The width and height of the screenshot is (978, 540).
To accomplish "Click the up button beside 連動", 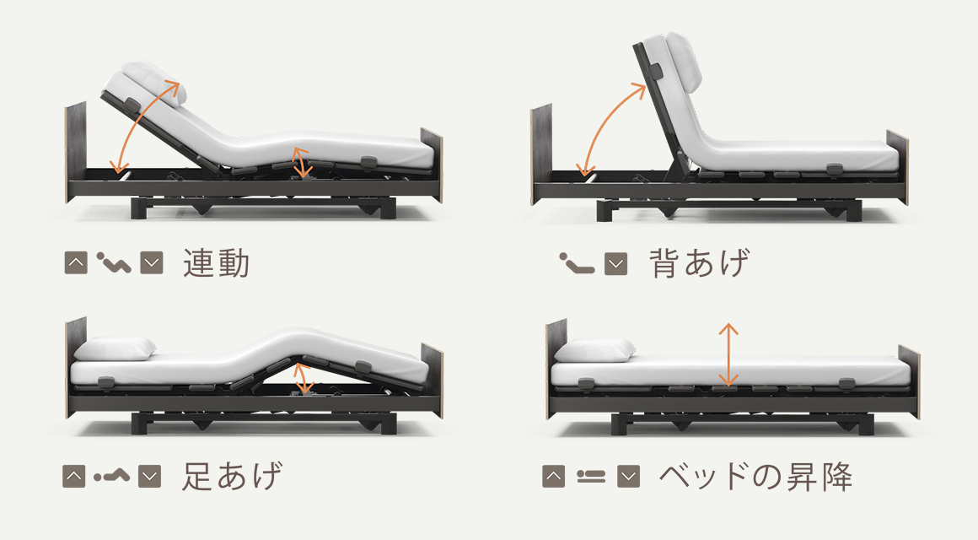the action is pyautogui.click(x=76, y=262).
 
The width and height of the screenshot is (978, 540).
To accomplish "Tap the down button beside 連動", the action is pyautogui.click(x=152, y=262).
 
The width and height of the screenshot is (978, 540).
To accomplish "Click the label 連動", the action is pyautogui.click(x=217, y=262).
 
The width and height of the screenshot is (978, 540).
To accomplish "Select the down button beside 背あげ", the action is pyautogui.click(x=616, y=263).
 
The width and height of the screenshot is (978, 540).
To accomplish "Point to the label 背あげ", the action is pyautogui.click(x=700, y=262).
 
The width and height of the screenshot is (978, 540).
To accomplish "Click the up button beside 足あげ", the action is pyautogui.click(x=74, y=477).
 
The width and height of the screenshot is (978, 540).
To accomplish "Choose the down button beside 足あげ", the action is pyautogui.click(x=150, y=477).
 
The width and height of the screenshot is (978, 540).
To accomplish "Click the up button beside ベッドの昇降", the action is pyautogui.click(x=554, y=477).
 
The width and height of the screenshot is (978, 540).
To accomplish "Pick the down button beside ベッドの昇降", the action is pyautogui.click(x=629, y=477).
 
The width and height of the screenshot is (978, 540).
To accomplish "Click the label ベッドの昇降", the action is pyautogui.click(x=756, y=477).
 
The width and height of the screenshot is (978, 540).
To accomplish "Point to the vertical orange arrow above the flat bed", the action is pyautogui.click(x=728, y=354).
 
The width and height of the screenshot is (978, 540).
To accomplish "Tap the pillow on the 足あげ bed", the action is pyautogui.click(x=115, y=348).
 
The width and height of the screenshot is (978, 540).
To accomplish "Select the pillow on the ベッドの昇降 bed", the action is pyautogui.click(x=594, y=350).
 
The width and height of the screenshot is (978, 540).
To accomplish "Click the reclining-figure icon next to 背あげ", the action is pyautogui.click(x=577, y=263).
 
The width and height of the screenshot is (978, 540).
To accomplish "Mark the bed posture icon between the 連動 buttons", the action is pyautogui.click(x=114, y=262).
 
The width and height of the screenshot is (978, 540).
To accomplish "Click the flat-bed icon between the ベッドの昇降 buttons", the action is pyautogui.click(x=591, y=477).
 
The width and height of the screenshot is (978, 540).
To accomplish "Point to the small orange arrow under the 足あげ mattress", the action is pyautogui.click(x=304, y=378).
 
